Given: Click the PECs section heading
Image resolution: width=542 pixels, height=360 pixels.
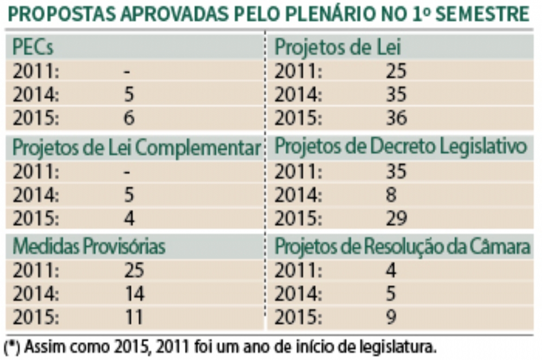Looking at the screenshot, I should tap(34, 48).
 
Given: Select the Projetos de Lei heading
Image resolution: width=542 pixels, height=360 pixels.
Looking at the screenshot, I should tap(338, 48).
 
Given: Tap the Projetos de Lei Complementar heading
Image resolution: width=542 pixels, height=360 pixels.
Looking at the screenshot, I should tap(135, 148).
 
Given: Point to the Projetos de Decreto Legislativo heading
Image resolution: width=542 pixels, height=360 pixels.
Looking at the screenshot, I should tap(401, 147).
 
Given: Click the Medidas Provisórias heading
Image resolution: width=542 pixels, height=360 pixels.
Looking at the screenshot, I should tap(89, 247).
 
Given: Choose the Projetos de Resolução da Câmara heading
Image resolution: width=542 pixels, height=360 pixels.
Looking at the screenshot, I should tap(402, 247).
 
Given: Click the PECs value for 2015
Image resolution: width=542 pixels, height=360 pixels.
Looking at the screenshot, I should tap(129, 118).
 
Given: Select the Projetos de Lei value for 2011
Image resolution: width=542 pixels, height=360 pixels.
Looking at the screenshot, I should tap(396, 72).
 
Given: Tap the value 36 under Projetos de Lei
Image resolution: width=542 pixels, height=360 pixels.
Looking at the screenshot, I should tap(396, 118).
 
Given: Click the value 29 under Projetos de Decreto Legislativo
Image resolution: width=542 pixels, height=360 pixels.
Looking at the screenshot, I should tap(396, 218).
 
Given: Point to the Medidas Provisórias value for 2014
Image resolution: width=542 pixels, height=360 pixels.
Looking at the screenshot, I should tap(134, 294).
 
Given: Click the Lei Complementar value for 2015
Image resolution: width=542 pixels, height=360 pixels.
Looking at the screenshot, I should tap(129, 218).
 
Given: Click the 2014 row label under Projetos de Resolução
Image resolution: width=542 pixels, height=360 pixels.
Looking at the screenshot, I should tap(298, 294).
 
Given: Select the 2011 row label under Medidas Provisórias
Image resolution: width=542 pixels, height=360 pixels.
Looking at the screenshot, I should tap(36, 270).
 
